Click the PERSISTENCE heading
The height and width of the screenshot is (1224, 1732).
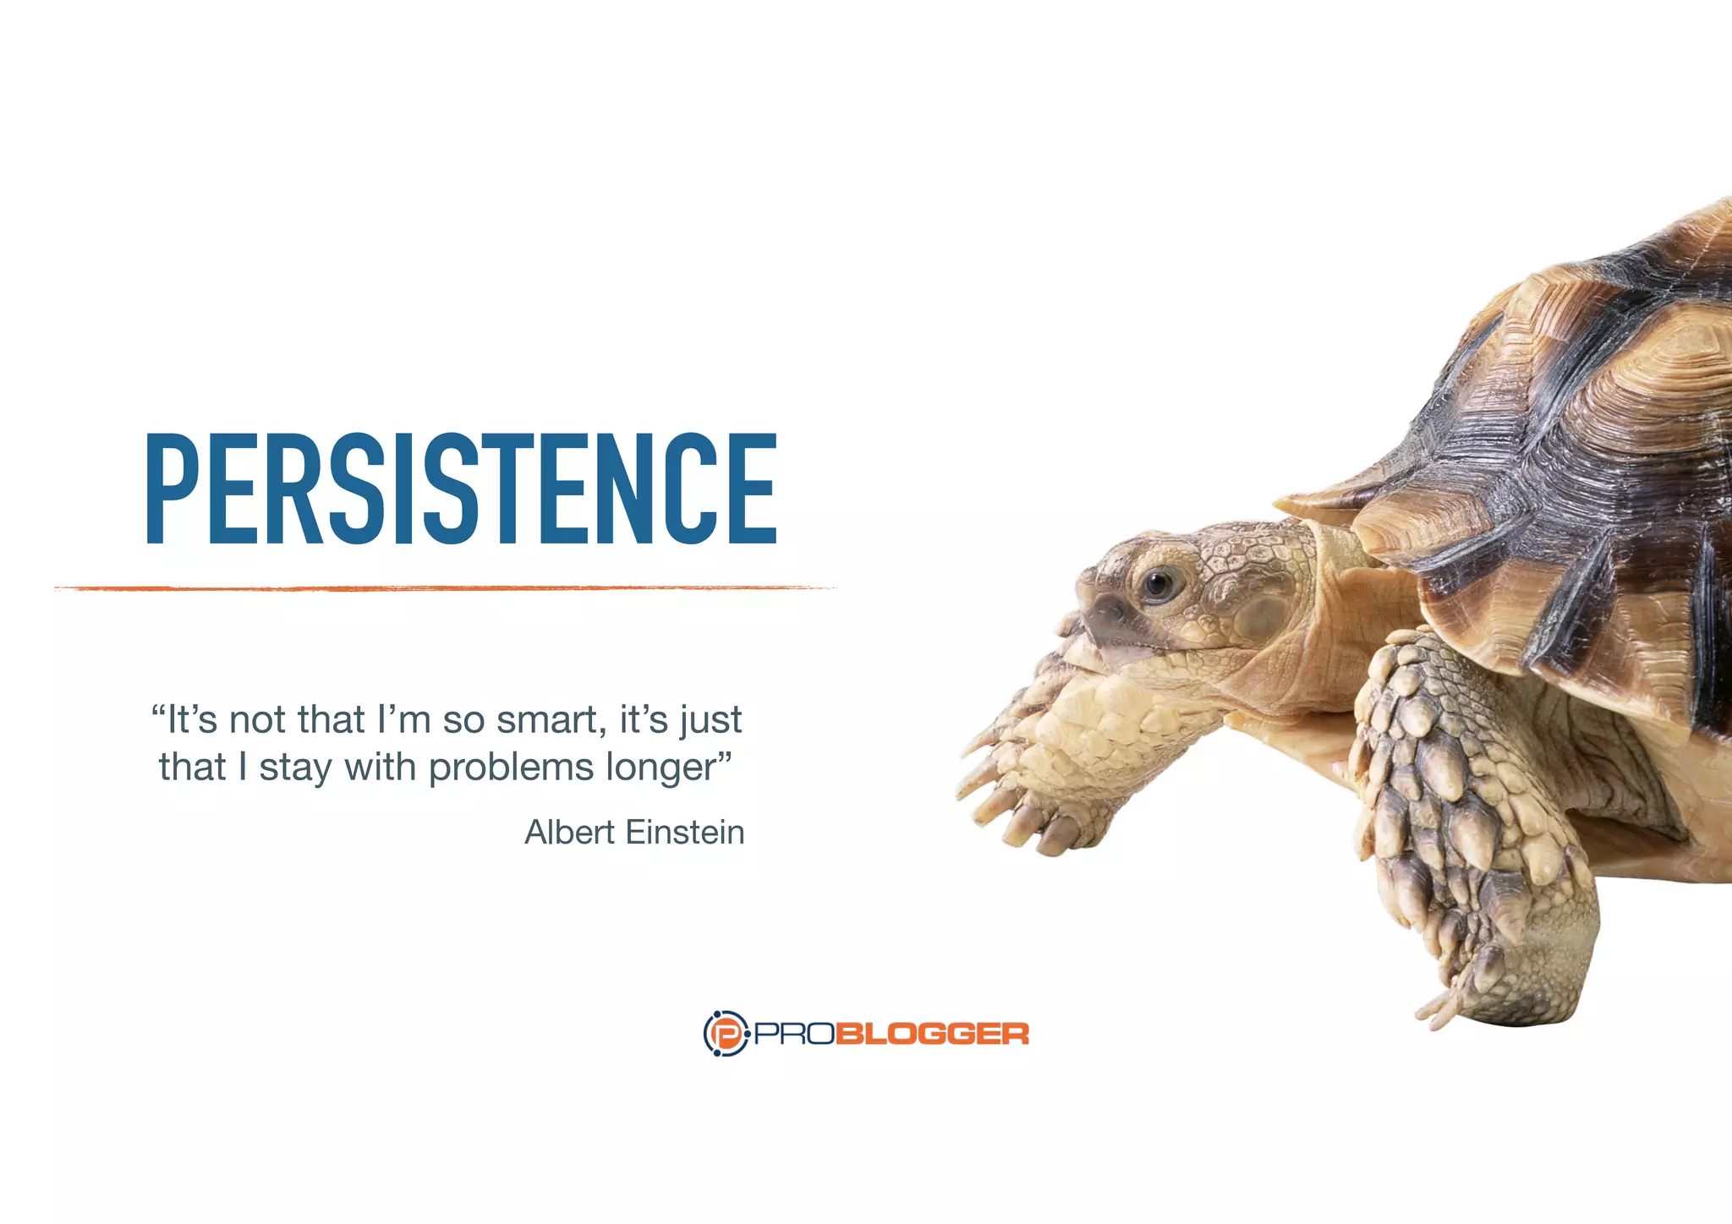click(x=461, y=488)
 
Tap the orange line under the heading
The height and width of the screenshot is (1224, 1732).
click(x=444, y=587)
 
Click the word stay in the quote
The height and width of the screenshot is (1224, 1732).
click(x=295, y=768)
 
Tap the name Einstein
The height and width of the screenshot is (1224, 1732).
click(x=685, y=833)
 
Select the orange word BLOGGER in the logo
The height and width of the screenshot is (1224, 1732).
click(x=932, y=1034)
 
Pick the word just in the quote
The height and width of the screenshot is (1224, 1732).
click(x=711, y=720)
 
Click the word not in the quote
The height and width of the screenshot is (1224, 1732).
click(x=258, y=720)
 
